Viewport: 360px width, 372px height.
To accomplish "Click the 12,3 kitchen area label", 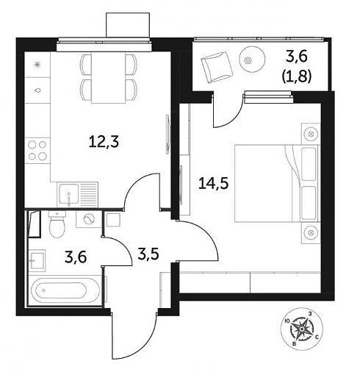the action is coord(104,143).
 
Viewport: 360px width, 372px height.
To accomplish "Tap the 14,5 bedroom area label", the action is coord(214,183).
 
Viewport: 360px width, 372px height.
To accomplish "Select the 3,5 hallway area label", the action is coord(148,254).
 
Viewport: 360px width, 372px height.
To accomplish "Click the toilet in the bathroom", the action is coord(57,224).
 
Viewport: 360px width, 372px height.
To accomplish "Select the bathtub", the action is coord(65,290).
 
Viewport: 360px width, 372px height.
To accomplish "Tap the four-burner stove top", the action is coord(37,151).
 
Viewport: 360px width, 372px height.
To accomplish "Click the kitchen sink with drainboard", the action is coord(77,195).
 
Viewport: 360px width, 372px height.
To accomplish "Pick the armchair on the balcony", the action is coord(217,67).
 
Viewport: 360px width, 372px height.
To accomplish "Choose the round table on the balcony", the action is coord(252,60).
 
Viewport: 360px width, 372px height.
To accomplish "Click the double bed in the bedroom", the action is coord(277,183).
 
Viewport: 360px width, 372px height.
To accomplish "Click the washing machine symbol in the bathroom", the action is coord(89,219).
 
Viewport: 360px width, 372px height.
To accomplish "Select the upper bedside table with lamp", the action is coord(311,134).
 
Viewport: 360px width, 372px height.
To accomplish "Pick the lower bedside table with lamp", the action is coord(311,233).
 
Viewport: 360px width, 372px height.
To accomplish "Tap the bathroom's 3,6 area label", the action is coord(76,257).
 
